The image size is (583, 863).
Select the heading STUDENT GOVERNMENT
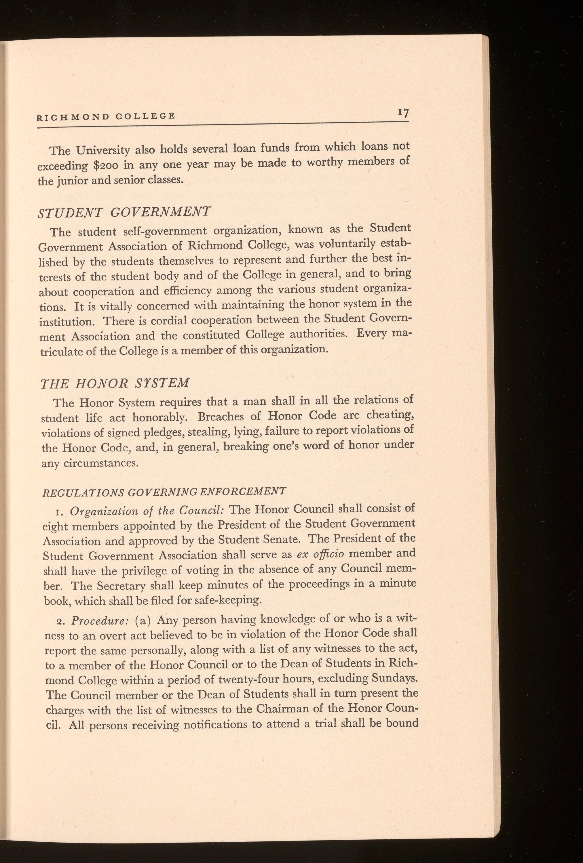point(125,213)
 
